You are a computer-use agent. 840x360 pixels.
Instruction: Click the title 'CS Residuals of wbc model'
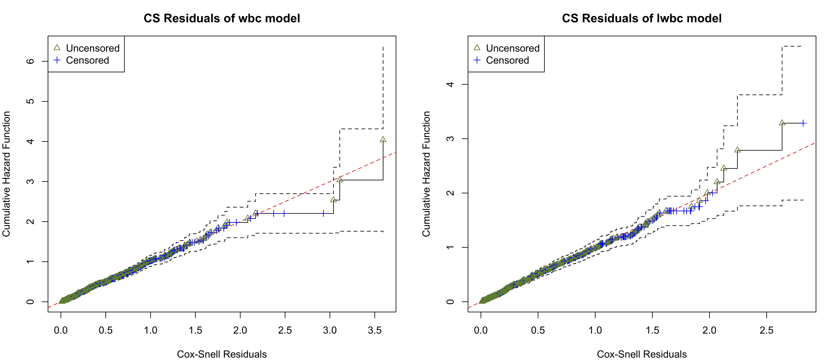click(222, 18)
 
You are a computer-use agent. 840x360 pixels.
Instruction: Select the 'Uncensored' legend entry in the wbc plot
click(93, 48)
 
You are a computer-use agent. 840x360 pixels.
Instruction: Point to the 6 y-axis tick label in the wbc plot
click(30, 61)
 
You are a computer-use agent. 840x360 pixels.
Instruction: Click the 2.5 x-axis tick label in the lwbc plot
click(766, 330)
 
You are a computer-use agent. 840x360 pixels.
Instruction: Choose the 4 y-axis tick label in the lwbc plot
click(450, 84)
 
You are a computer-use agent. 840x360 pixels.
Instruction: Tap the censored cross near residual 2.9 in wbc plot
click(323, 214)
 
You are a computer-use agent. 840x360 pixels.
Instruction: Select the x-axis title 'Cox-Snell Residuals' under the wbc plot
click(222, 354)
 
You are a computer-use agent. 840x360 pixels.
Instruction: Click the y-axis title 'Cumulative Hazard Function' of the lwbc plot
click(426, 174)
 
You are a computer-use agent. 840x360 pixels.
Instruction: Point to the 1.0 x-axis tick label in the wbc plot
click(150, 330)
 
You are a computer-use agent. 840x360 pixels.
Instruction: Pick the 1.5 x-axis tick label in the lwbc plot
click(652, 330)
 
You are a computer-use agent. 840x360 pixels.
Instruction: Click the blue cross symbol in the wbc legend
click(57, 60)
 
